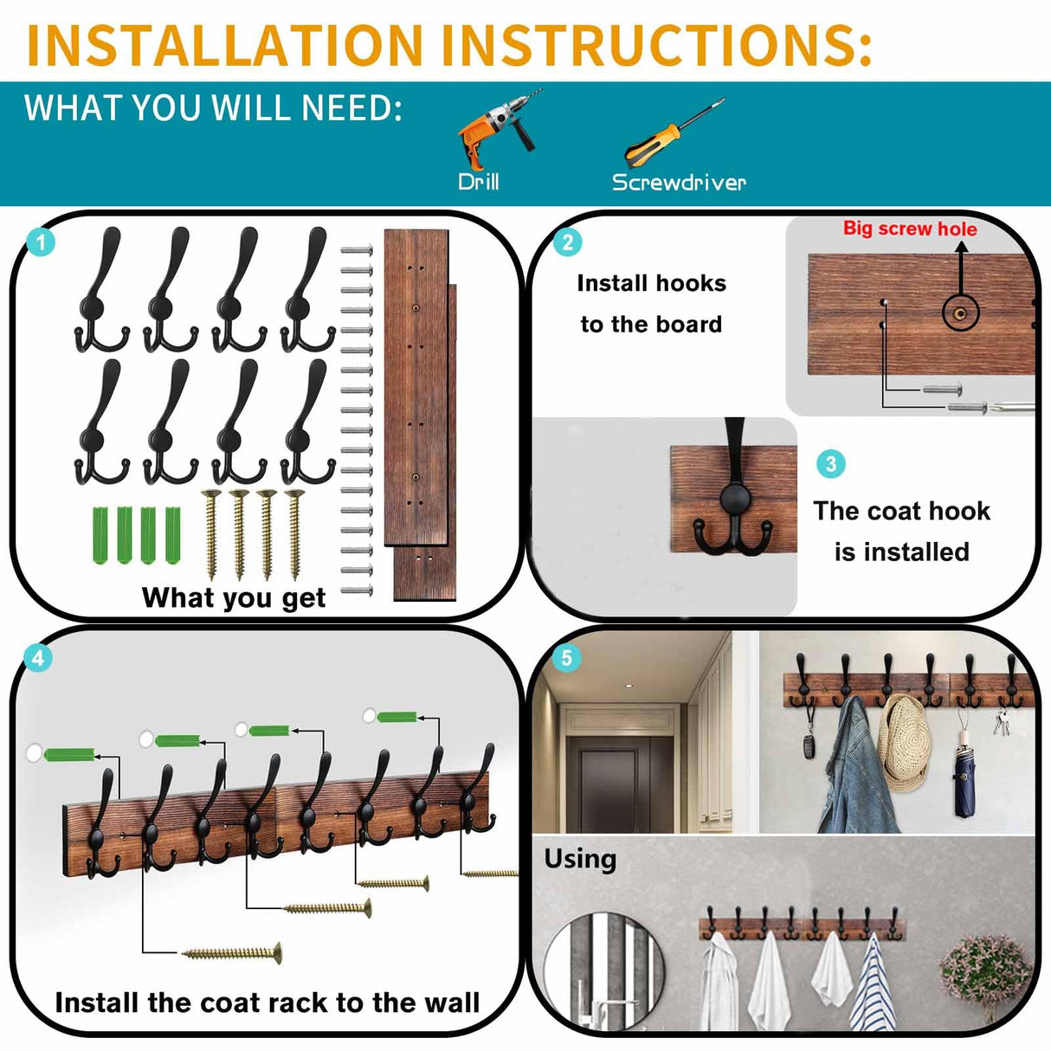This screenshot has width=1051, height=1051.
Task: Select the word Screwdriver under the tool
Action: pyautogui.click(x=678, y=182)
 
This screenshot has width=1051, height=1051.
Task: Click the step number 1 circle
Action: pyautogui.click(x=41, y=242)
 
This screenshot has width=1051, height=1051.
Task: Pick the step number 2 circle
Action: pyautogui.click(x=567, y=242)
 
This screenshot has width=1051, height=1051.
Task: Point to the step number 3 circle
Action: pyautogui.click(x=830, y=464)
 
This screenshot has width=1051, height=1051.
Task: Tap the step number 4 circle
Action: pyautogui.click(x=37, y=658)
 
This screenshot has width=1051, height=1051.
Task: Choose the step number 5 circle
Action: pyautogui.click(x=566, y=658)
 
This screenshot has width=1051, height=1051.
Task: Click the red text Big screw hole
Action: pyautogui.click(x=910, y=229)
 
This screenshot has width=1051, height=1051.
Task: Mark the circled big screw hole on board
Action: pyautogui.click(x=959, y=312)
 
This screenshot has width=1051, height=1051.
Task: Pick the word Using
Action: pyautogui.click(x=580, y=859)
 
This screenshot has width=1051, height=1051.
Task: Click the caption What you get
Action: pyautogui.click(x=234, y=597)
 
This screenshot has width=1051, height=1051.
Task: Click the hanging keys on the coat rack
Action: pyautogui.click(x=1002, y=721)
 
